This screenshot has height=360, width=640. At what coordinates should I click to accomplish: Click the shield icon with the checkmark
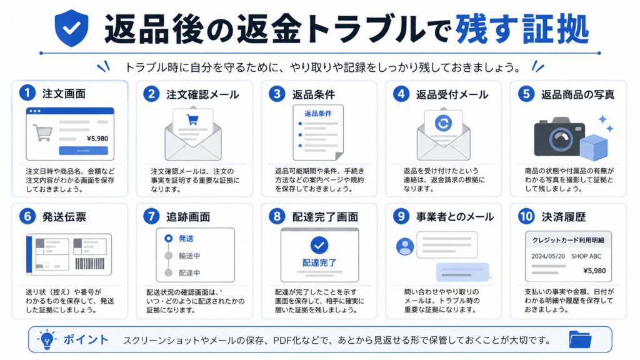point(71,27)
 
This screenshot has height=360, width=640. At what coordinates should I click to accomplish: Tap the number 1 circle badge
point(27,93)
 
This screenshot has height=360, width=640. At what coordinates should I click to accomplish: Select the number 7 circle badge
point(151,216)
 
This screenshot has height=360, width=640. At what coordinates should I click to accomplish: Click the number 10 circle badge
point(526,216)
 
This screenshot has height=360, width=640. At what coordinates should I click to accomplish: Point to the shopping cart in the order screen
point(43,132)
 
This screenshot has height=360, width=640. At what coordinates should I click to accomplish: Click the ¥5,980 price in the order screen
point(97,138)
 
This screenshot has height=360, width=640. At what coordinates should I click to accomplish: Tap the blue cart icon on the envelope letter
point(192,119)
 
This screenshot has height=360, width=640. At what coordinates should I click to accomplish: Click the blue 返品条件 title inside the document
point(318,114)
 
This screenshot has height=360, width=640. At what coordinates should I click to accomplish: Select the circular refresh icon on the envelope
point(443,123)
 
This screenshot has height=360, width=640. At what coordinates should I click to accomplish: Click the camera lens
point(561,139)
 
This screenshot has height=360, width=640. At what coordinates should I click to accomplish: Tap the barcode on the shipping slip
point(90,264)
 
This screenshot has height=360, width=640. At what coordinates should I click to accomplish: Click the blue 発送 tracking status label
point(186,238)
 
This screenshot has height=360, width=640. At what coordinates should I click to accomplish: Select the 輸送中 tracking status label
point(189,256)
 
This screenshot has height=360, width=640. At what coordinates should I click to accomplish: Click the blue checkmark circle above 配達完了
point(319,245)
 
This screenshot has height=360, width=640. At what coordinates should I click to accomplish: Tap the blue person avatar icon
point(405,246)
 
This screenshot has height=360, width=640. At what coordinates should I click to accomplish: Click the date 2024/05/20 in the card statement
point(548,256)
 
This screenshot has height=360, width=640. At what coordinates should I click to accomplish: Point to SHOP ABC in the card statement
point(586,256)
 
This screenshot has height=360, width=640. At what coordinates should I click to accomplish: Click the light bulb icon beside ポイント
point(47,339)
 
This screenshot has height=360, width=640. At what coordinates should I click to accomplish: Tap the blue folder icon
point(580,339)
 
